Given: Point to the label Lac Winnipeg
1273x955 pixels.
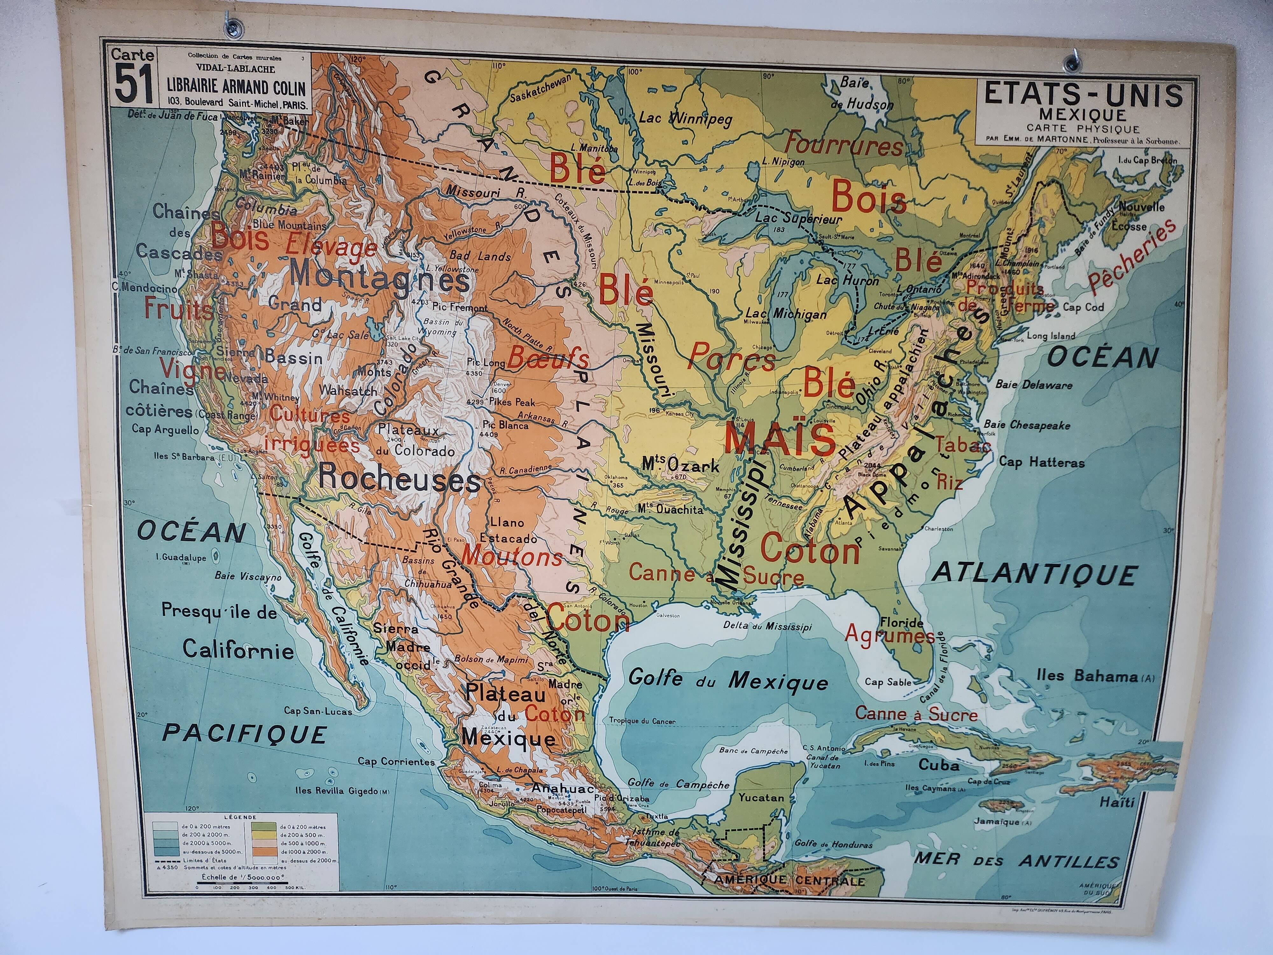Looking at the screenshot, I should [685, 119].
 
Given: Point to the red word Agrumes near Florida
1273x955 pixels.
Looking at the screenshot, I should [889, 635].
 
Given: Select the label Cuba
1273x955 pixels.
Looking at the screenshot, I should [938, 765].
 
